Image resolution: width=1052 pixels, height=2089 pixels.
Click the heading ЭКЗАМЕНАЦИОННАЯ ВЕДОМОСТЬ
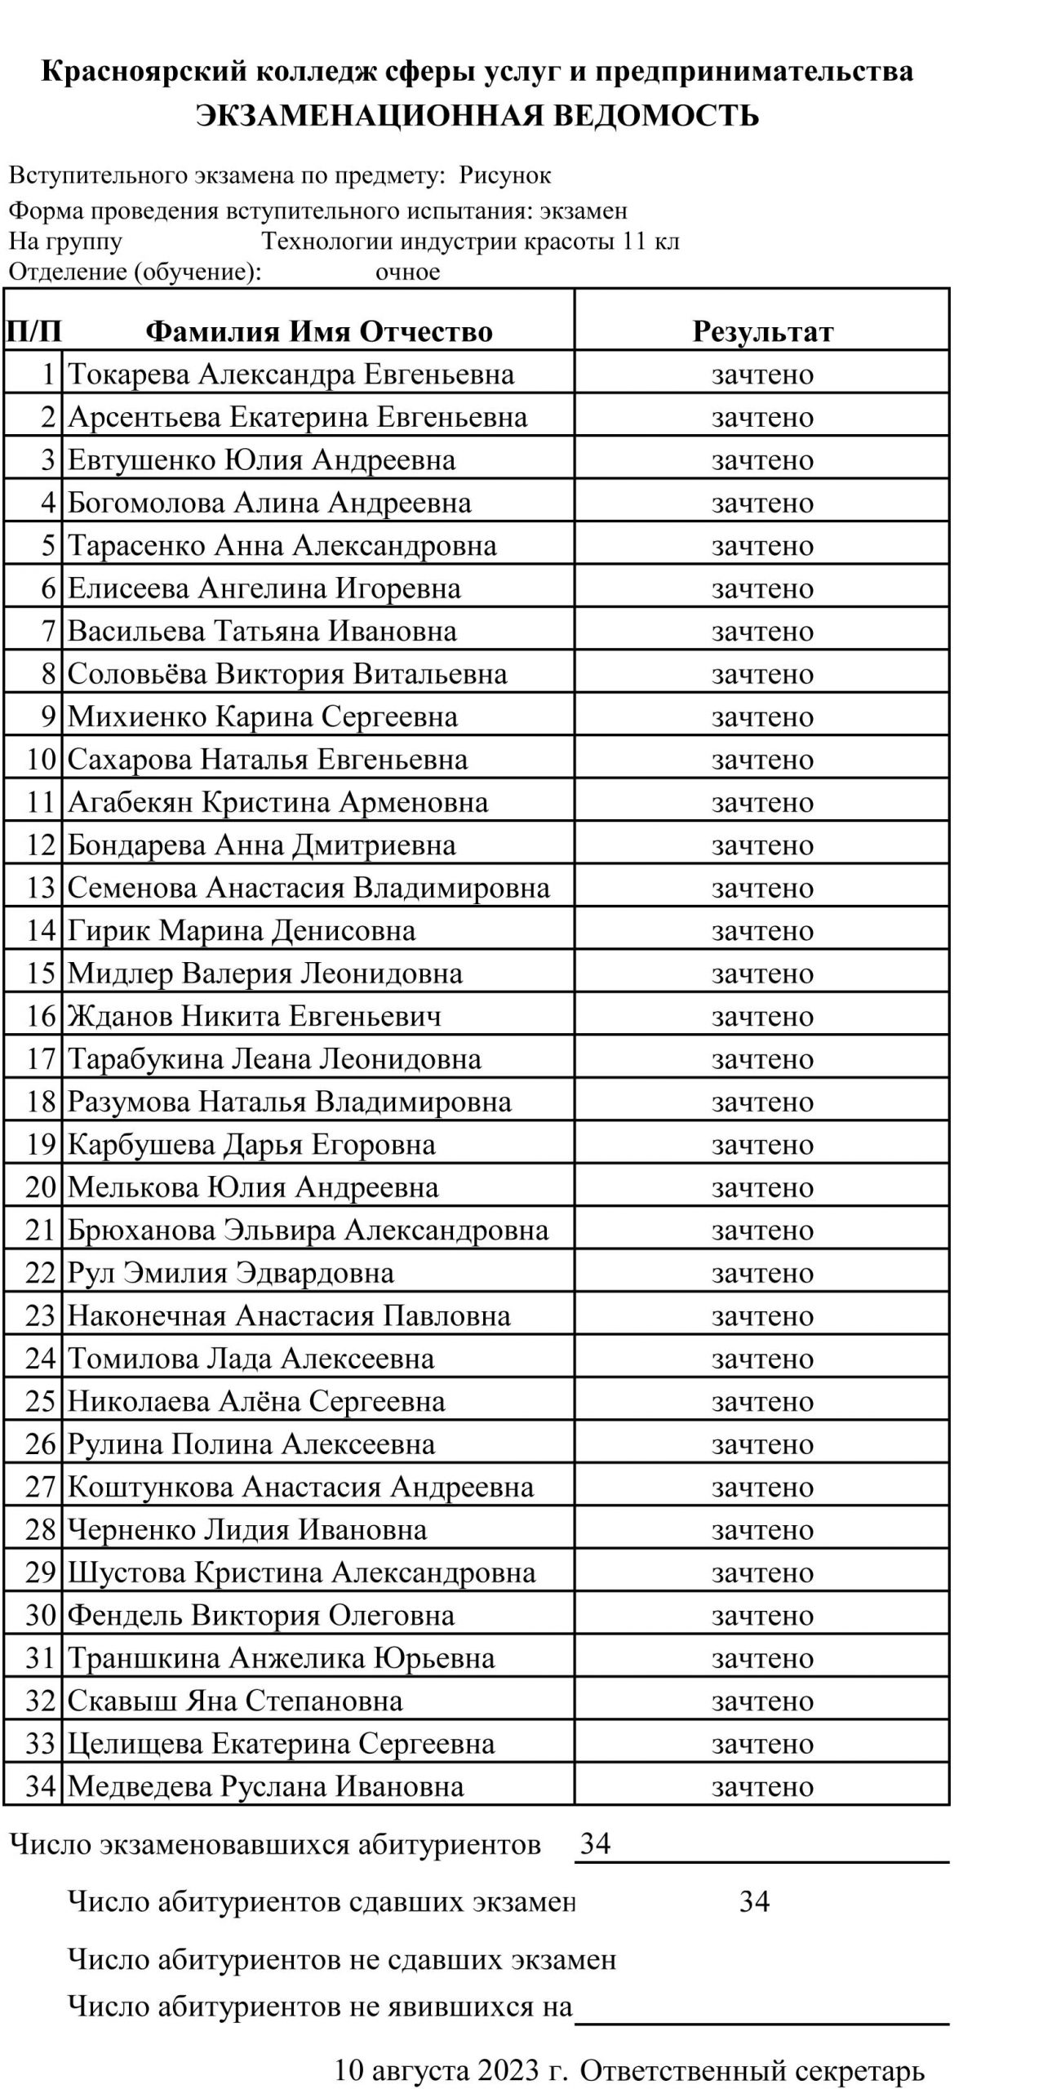[477, 116]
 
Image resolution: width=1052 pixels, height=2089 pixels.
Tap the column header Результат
[762, 331]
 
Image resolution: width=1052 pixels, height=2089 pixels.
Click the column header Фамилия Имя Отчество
[319, 331]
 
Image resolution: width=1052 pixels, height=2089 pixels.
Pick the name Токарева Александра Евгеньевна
[291, 375]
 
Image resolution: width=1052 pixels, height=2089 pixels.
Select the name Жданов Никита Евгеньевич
[254, 1016]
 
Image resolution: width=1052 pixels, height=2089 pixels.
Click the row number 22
[40, 1273]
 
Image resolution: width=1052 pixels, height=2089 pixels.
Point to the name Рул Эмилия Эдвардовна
[230, 1273]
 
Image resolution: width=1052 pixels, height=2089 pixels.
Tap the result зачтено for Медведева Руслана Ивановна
[762, 1786]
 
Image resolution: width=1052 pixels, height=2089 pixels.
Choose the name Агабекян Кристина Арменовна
[277, 802]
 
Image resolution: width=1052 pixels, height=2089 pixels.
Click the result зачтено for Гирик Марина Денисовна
[762, 930]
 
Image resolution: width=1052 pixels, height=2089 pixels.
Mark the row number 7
[48, 632]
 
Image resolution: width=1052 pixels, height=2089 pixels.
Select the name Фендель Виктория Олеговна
[261, 1615]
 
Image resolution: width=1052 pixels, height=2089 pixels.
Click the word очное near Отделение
[407, 272]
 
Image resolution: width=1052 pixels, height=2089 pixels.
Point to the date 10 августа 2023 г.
[451, 2070]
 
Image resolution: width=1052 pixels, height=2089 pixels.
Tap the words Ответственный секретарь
[752, 2070]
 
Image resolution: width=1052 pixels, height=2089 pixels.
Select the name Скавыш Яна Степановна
[235, 1701]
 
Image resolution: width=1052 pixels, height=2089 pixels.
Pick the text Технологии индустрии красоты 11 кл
[470, 242]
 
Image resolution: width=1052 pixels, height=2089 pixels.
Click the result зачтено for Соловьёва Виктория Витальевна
[762, 674]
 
